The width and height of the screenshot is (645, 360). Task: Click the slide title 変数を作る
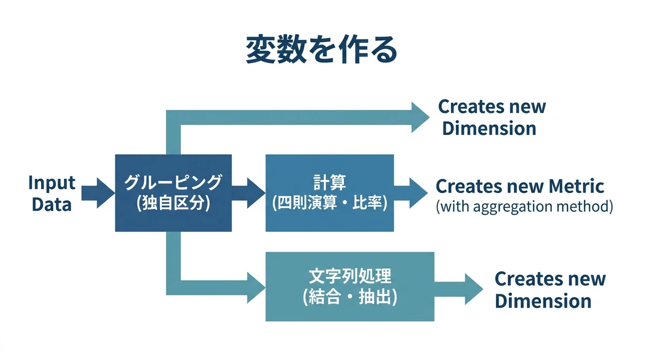[x=322, y=50]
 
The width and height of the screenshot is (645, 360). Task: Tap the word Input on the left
[x=52, y=183]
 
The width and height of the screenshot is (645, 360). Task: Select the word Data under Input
[x=52, y=205]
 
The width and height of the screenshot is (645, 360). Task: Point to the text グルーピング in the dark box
[x=173, y=182]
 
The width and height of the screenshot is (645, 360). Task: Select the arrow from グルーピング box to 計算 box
[x=248, y=193]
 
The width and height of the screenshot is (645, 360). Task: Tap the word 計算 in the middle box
[x=329, y=182]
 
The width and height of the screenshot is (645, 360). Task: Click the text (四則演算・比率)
[x=330, y=204]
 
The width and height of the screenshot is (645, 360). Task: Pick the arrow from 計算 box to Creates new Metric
[x=411, y=193]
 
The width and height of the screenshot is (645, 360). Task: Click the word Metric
[x=576, y=186]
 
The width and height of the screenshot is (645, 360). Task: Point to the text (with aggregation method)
[x=524, y=206]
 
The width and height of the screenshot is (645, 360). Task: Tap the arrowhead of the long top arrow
[x=420, y=117]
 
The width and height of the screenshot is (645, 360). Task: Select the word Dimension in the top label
[x=489, y=128]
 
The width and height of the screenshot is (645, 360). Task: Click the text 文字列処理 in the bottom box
[x=350, y=277]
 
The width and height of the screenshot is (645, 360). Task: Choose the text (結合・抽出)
[x=350, y=298]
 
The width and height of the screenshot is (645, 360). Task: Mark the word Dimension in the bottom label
[x=543, y=301]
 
